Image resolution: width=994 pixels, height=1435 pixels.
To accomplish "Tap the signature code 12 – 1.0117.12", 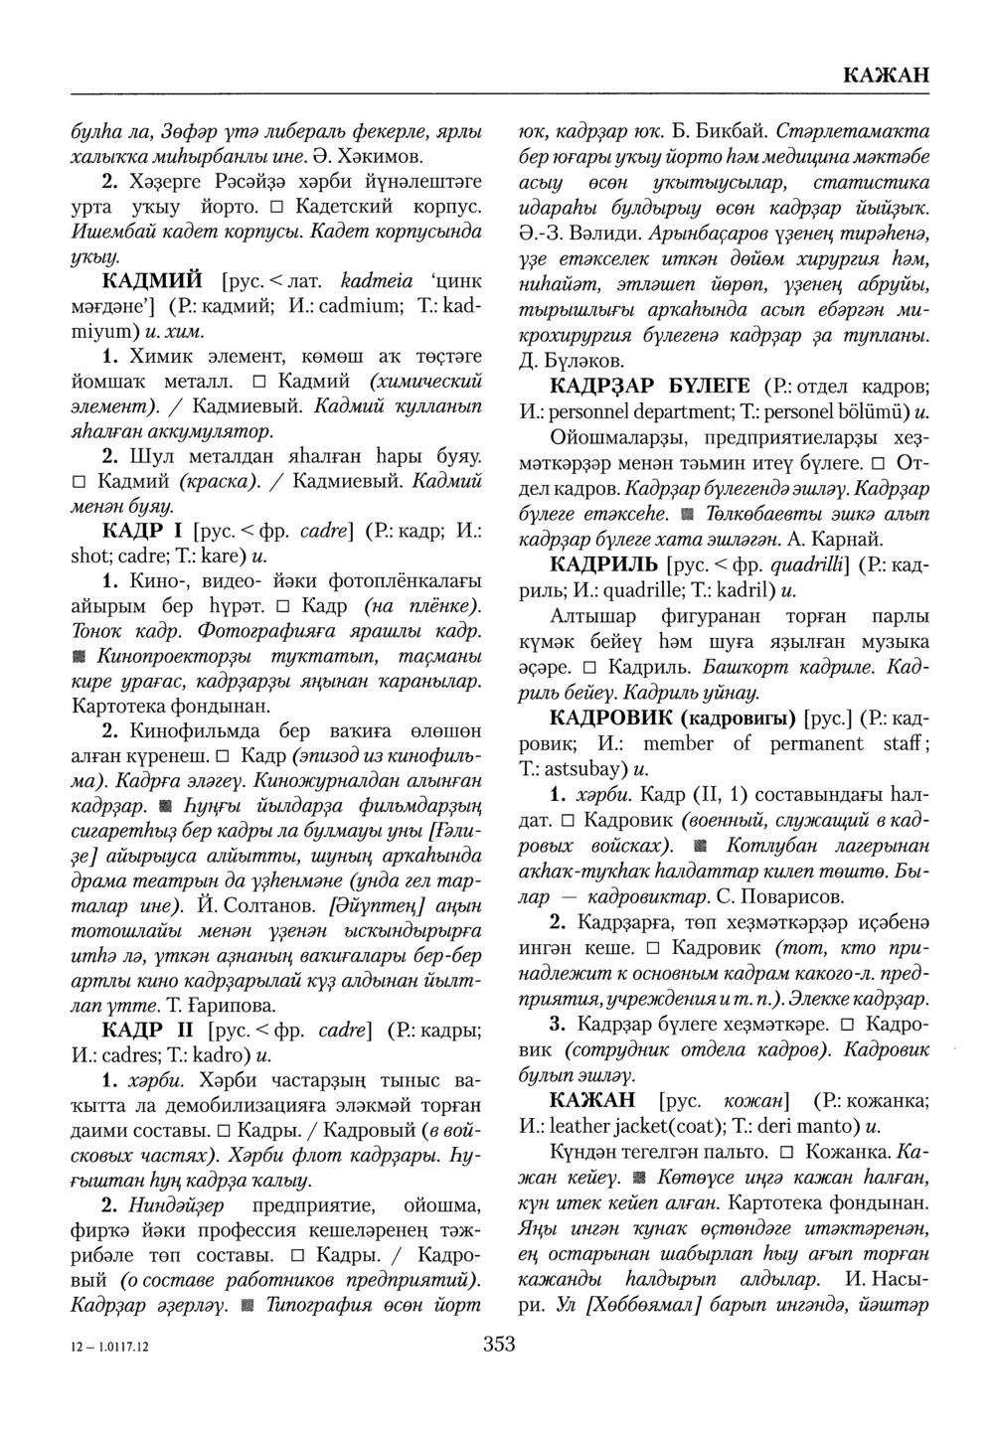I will click(110, 1347).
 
